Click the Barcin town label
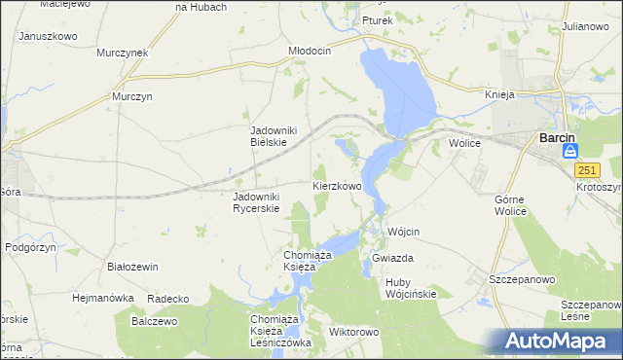tap(556, 138)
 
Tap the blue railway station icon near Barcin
tap(571, 151)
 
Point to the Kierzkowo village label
tap(337, 185)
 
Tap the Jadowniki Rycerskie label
tap(256, 201)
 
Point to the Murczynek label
tap(122, 53)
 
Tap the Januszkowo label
tap(47, 35)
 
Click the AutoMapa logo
tap(559, 342)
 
